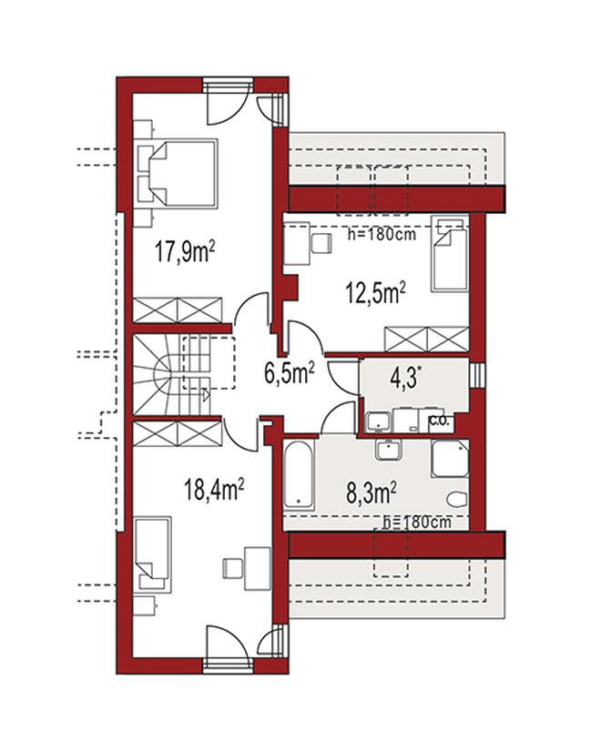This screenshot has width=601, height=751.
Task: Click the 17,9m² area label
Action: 185,251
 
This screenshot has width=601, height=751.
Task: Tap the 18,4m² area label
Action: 215,490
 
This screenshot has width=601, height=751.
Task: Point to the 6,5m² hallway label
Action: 290,373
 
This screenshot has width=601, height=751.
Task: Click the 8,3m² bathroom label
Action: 372,492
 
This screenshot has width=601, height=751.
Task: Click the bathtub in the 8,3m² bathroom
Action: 299,474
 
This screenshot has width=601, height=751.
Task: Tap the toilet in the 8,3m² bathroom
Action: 456,499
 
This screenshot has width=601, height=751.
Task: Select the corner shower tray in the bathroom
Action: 450,459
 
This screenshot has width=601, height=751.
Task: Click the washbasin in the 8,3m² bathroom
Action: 388,451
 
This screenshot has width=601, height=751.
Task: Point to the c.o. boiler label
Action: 439,421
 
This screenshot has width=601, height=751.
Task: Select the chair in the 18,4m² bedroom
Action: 233,569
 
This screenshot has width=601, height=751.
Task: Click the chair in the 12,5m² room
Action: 321,243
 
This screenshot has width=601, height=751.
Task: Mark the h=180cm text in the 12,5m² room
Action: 381,235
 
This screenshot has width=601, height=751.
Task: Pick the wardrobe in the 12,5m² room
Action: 426,340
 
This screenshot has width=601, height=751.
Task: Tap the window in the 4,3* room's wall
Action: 478,375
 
